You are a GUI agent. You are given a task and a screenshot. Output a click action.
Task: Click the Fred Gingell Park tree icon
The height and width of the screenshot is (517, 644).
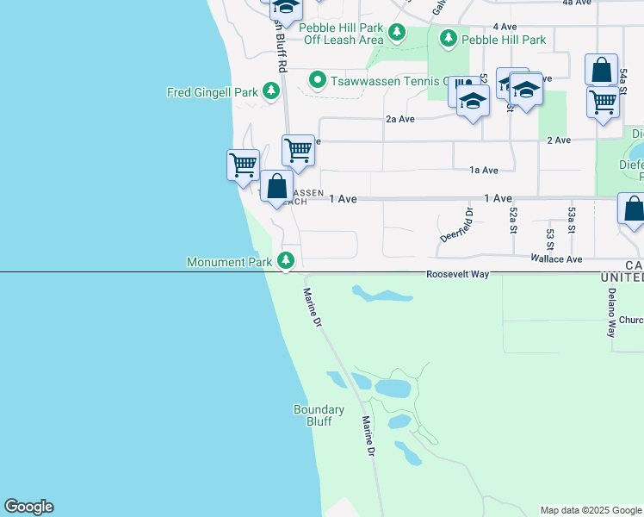point(271,90)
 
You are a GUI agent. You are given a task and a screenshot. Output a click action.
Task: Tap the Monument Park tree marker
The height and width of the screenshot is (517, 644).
point(286,260)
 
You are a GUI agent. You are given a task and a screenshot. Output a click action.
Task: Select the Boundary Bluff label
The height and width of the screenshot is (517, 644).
point(319,415)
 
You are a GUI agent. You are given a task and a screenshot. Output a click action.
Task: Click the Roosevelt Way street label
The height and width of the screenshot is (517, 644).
point(457,274)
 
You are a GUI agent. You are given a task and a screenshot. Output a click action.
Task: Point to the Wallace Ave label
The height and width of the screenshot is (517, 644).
point(556,258)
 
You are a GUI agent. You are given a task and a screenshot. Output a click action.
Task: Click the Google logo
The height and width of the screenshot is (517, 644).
point(28,507)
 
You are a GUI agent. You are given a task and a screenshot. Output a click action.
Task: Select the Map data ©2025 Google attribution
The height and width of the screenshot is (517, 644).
point(591,510)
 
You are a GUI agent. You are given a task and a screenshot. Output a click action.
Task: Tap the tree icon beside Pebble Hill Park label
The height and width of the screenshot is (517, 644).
point(448,39)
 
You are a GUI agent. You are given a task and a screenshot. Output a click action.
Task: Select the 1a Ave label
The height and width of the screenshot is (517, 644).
point(484,171)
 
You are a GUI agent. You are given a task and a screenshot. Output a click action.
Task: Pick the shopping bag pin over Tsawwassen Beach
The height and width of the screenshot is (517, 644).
point(276,186)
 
